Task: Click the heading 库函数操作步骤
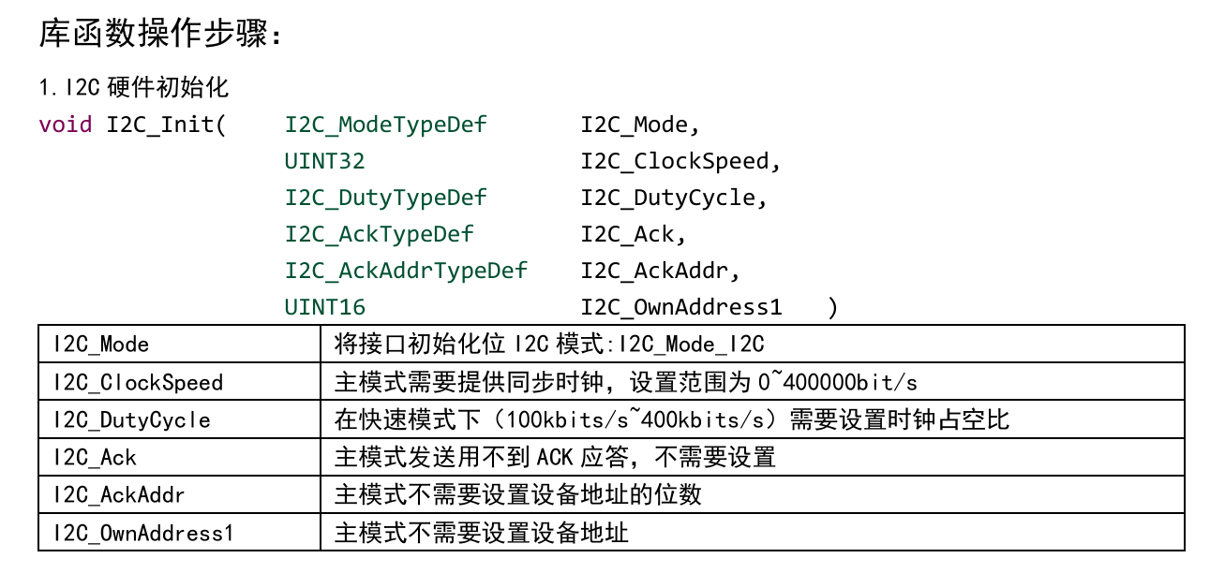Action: click(159, 35)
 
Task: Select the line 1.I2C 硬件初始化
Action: click(134, 89)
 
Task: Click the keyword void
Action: click(66, 125)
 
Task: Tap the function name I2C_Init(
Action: click(166, 125)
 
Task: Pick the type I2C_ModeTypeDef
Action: click(386, 125)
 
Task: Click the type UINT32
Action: click(324, 161)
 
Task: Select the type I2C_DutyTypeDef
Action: click(386, 198)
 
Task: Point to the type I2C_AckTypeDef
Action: click(380, 234)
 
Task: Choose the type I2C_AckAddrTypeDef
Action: click(407, 271)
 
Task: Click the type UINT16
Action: click(324, 307)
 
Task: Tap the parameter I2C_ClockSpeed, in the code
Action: click(680, 161)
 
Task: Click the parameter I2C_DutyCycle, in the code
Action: click(674, 198)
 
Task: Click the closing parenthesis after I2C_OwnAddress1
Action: click(833, 307)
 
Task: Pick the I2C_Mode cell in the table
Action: click(101, 345)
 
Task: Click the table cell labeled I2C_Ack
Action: click(95, 458)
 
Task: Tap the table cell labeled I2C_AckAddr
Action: click(119, 495)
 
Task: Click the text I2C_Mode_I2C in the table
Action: click(691, 345)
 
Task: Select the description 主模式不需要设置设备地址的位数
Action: click(517, 495)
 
